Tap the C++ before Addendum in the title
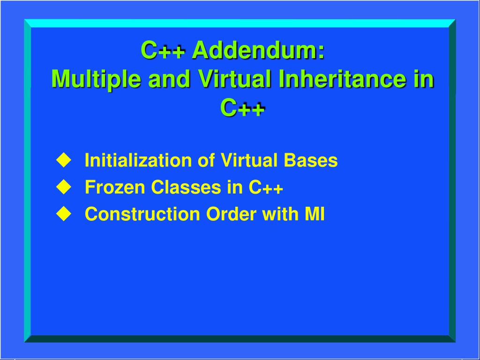point(164,50)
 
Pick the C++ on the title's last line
point(242,107)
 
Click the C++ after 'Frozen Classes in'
point(266,188)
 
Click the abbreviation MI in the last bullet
point(315,214)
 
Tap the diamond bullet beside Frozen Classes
point(62,187)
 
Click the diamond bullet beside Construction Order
point(62,214)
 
